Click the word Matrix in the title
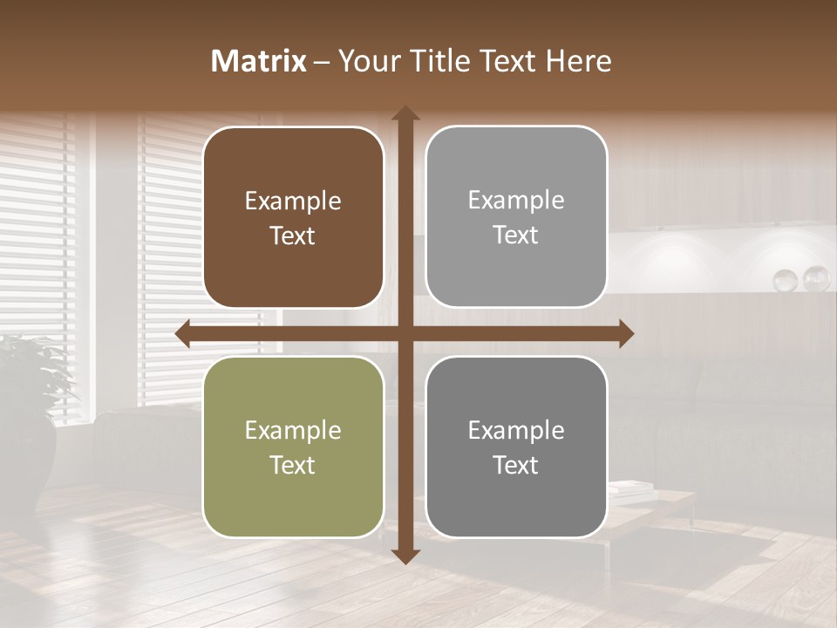(x=259, y=61)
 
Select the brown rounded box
(x=293, y=217)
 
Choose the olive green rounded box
(x=293, y=447)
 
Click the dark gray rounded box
(x=516, y=447)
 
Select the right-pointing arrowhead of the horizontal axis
(x=626, y=334)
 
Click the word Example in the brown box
(x=293, y=201)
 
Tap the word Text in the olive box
(x=293, y=465)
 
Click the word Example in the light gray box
(x=516, y=201)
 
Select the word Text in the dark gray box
(x=516, y=465)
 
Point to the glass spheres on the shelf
(x=801, y=279)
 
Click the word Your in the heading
(x=370, y=61)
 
